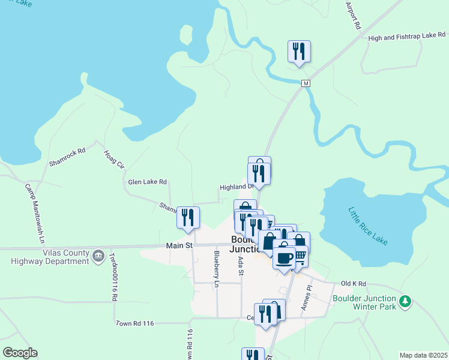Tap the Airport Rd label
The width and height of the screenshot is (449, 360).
pos(352,16)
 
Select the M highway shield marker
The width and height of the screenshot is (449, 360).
pos(306,83)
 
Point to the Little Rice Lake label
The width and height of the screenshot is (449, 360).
pos(368,226)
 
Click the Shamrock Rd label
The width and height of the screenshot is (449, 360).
pos(67,157)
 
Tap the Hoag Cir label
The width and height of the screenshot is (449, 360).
pos(113,160)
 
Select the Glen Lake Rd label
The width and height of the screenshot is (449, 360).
pos(147,181)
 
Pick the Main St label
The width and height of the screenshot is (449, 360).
pos(179,245)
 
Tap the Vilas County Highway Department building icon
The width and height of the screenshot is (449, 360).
pos(98,256)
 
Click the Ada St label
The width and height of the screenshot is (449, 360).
pos(241,265)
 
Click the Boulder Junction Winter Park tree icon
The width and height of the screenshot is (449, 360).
pos(406,301)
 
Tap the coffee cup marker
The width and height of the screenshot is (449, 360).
pos(284,257)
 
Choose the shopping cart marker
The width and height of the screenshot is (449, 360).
pos(300,256)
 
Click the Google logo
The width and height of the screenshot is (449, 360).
pos(20,353)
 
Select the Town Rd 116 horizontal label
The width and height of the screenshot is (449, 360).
pos(135,323)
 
